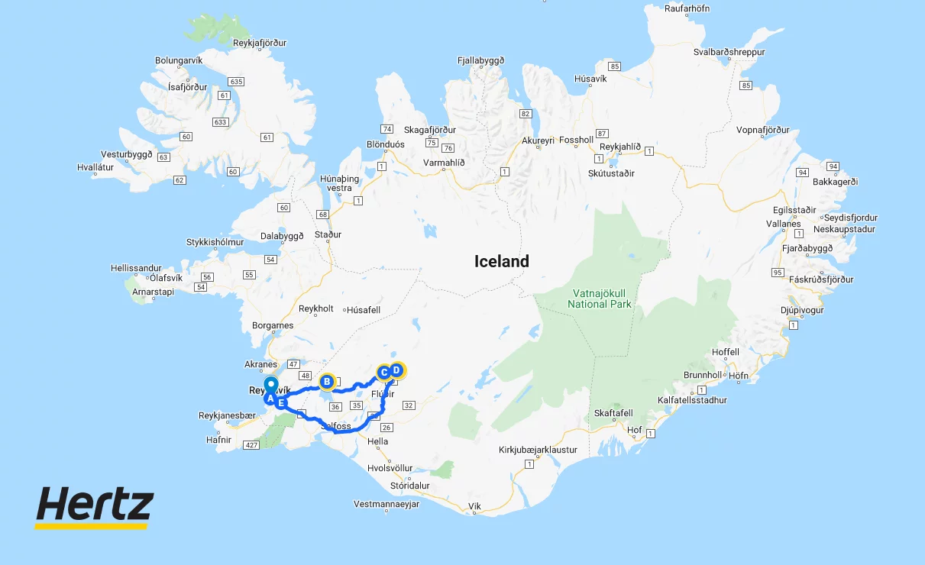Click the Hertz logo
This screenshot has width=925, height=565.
94,506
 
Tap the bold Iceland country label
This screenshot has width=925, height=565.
501,261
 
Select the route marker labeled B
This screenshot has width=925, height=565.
327,381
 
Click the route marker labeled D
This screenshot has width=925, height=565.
396,370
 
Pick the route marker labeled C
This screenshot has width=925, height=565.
384,373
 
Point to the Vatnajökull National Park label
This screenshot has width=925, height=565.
600,299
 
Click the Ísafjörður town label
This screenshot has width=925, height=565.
187,87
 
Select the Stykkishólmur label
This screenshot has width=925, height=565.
215,242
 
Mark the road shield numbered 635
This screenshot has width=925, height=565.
235,81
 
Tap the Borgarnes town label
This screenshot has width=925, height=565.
273,325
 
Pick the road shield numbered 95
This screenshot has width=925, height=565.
778,273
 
